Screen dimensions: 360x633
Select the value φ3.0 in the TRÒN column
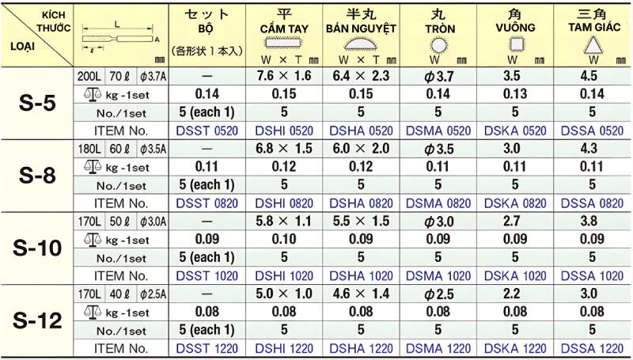point(438,222)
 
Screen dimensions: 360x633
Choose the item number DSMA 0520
point(438,131)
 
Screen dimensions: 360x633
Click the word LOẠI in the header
point(21,45)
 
